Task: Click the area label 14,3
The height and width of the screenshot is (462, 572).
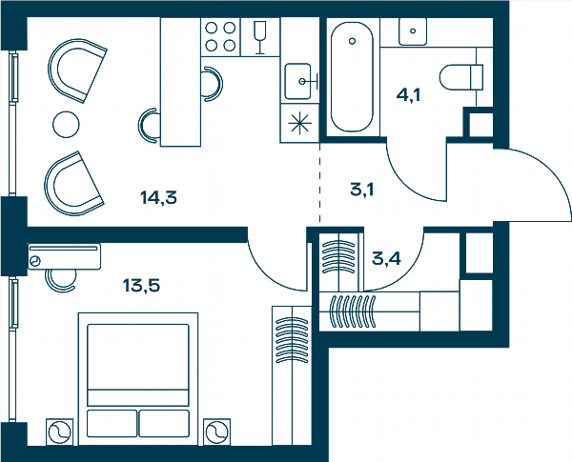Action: point(158,197)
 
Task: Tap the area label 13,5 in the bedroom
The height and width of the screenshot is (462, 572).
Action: point(141,286)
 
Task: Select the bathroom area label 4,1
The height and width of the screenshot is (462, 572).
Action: point(409,95)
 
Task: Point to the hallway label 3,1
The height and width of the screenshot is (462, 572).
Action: point(362,190)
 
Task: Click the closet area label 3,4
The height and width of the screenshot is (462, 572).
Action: point(386,258)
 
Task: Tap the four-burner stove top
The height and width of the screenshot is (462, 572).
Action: point(220,37)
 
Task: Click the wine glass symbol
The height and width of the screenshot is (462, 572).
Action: point(259,37)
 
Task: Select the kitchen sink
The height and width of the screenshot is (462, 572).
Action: point(298,81)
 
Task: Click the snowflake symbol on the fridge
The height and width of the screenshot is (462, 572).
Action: point(300,123)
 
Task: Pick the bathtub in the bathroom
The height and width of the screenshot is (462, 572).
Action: point(352,77)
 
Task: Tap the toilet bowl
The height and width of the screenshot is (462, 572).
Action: point(461,77)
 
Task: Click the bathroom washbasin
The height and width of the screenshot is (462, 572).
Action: point(413,31)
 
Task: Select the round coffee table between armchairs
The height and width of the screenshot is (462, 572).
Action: point(66,125)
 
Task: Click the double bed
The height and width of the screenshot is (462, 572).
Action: point(138,379)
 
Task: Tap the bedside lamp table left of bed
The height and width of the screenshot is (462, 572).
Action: point(59,432)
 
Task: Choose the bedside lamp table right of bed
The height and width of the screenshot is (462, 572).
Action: point(217,432)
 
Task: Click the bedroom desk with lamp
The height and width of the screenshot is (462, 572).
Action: point(64,256)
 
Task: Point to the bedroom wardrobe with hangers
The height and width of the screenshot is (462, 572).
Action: point(292,375)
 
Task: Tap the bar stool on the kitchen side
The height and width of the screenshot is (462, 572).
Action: point(213,84)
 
